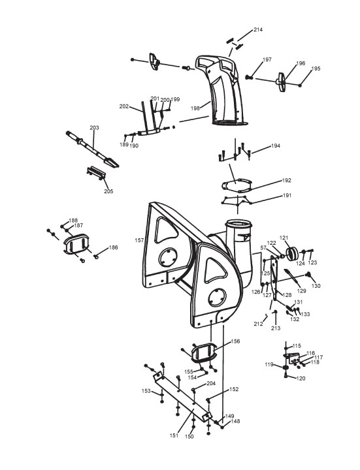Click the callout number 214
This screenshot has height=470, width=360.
[x=258, y=29]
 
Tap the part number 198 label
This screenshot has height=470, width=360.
[x=195, y=108]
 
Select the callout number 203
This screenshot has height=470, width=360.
[x=94, y=128]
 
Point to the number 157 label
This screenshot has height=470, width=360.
[x=140, y=240]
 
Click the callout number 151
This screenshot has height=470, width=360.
[x=174, y=435]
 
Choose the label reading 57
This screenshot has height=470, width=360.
[x=263, y=247]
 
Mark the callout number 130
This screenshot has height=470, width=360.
[x=316, y=286]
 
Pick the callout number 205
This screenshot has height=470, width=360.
[x=108, y=191]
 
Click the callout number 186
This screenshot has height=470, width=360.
[x=113, y=247]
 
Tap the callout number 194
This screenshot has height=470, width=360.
[x=276, y=146]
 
